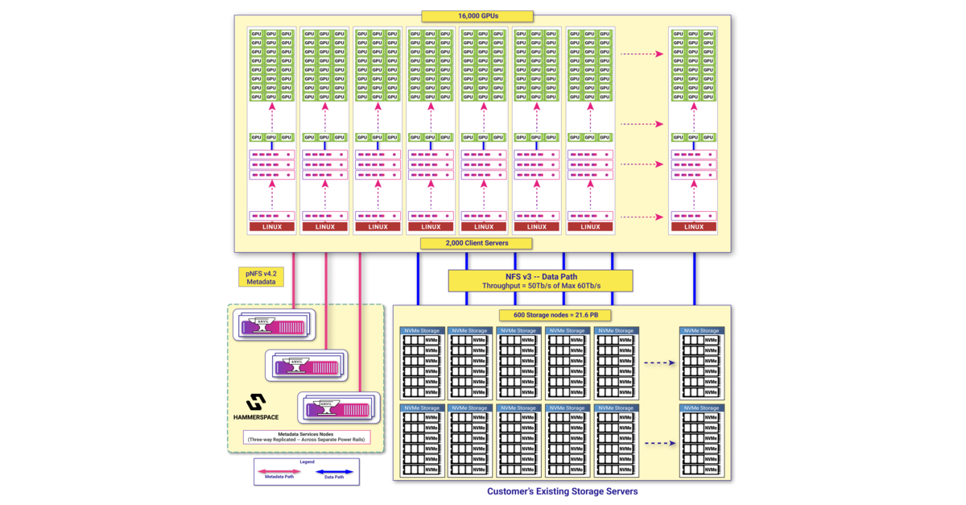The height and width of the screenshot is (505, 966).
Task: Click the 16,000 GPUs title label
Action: (477, 15)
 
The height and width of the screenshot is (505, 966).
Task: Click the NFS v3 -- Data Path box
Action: (540, 280)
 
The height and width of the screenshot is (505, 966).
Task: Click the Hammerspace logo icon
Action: (256, 402)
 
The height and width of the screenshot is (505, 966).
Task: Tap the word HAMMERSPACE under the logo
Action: (256, 417)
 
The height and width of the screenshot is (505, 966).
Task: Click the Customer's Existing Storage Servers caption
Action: (562, 491)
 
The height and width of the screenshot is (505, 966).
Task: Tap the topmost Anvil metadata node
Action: (274, 324)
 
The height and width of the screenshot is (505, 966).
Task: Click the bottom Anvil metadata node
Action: (338, 408)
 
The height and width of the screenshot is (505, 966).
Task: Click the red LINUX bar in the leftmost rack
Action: (272, 226)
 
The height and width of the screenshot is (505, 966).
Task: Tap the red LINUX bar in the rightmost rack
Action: (694, 226)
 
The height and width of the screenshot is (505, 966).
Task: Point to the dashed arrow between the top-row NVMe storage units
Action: (658, 362)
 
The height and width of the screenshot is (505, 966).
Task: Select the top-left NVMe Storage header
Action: (423, 330)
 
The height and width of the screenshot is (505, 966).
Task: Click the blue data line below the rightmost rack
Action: (695, 278)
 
